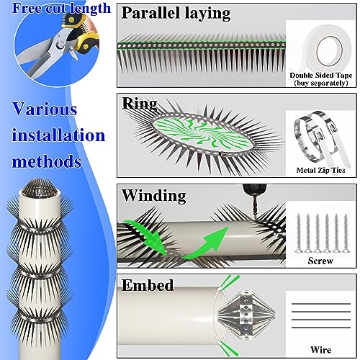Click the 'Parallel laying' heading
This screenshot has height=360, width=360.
[x=176, y=13]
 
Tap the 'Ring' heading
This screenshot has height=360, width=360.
[x=140, y=104]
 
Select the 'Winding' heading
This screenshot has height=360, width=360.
[x=153, y=196]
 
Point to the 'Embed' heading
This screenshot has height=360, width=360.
[x=148, y=285]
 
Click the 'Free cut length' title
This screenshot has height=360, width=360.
[x=61, y=8]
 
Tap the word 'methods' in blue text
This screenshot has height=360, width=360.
[x=47, y=161]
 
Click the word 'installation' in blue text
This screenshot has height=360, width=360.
[x=58, y=135]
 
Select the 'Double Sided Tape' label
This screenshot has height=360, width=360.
[x=321, y=75]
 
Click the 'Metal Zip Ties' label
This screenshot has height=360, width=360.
[x=320, y=170]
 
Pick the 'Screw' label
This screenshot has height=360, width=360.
[x=320, y=261]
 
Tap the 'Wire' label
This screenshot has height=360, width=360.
[x=320, y=350]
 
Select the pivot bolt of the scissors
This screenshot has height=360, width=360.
[x=60, y=44]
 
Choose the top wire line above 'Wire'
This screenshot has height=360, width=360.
[x=321, y=304]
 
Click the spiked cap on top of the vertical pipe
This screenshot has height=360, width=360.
[x=40, y=187]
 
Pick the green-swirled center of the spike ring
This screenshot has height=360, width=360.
[x=202, y=132]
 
